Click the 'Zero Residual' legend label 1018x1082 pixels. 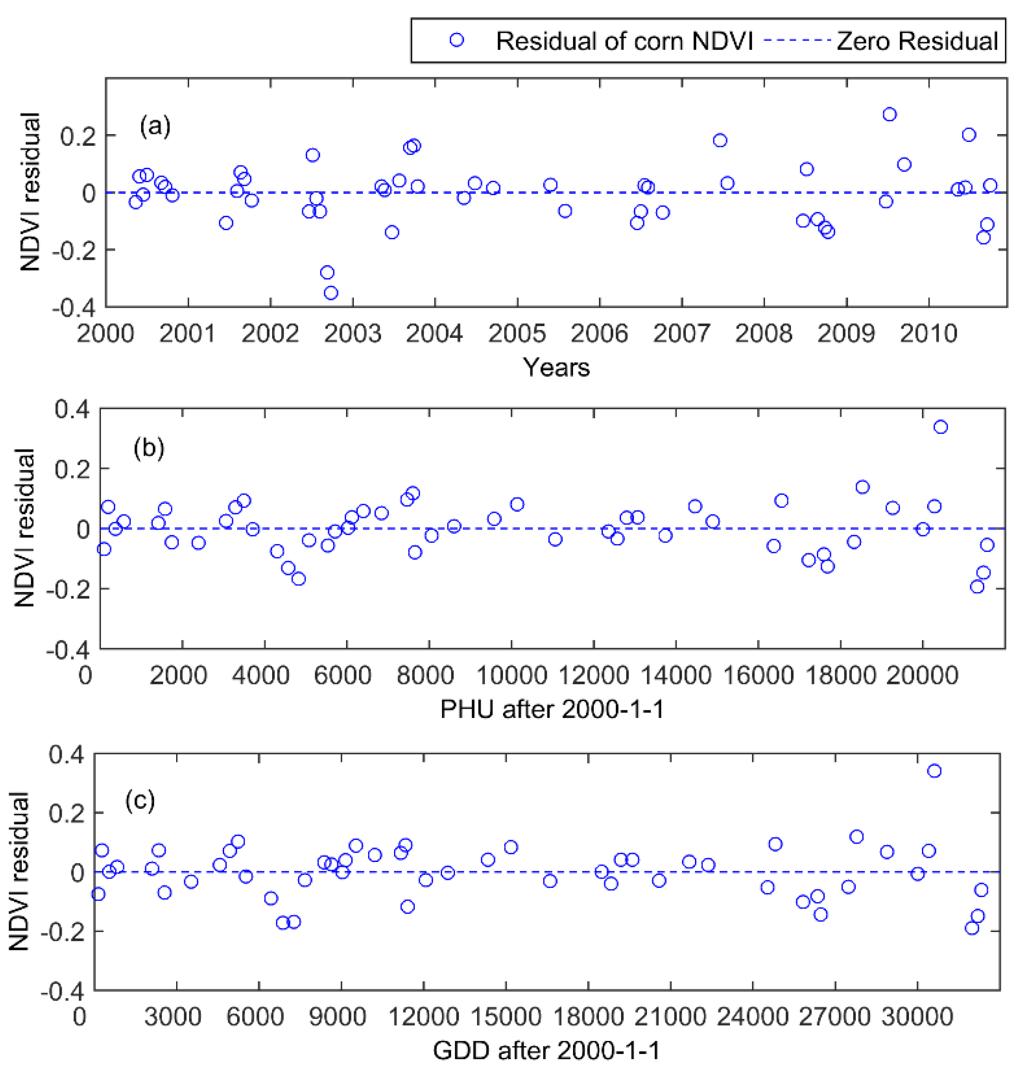(x=917, y=41)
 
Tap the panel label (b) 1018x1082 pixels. (x=149, y=448)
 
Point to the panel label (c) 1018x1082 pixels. (x=140, y=800)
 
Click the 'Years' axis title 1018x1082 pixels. (x=556, y=367)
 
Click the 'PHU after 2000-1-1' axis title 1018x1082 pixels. (x=552, y=709)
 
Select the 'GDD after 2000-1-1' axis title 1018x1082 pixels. (x=546, y=1050)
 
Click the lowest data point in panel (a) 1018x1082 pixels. (x=331, y=293)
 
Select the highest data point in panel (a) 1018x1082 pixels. (x=889, y=114)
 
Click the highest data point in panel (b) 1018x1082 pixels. (x=940, y=427)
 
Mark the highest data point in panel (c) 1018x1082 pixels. (x=934, y=771)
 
